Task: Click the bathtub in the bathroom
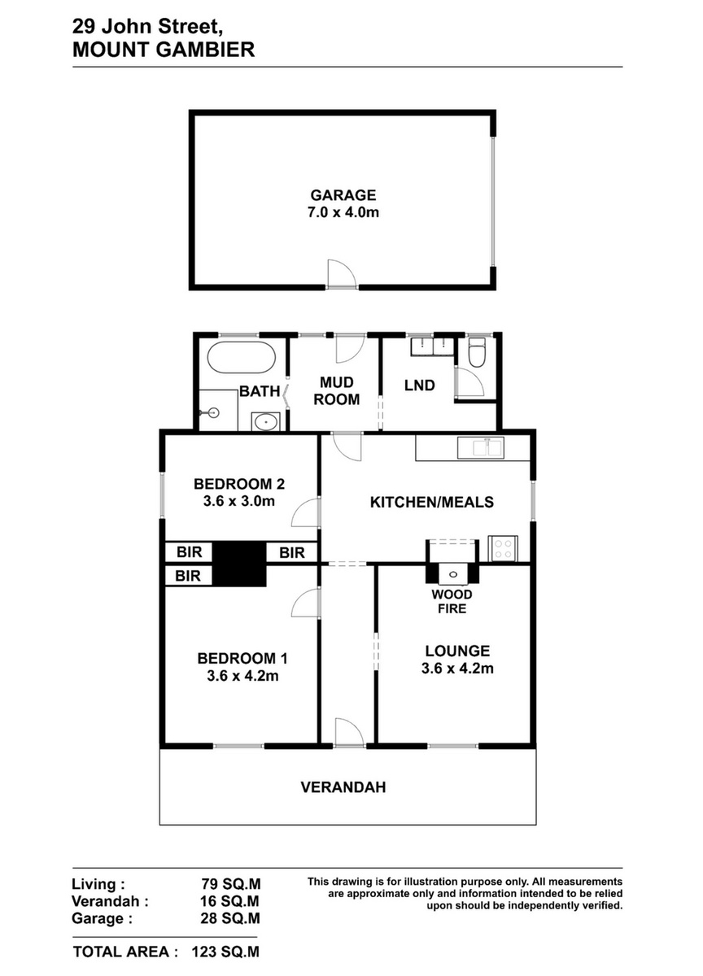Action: [x=241, y=357]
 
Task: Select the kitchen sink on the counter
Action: [x=480, y=448]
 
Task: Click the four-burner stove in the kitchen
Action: [x=503, y=548]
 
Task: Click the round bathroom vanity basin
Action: [x=265, y=422]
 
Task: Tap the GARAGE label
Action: [x=343, y=194]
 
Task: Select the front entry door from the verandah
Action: [x=349, y=733]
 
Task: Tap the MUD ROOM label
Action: [x=337, y=391]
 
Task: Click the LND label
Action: [x=419, y=386]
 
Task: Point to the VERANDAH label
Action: [x=343, y=787]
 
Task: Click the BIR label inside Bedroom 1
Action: [x=188, y=576]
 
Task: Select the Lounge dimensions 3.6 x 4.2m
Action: [x=457, y=668]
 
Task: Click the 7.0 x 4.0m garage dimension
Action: [x=343, y=212]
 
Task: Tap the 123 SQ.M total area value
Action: [x=225, y=952]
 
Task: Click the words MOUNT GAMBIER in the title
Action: [x=164, y=50]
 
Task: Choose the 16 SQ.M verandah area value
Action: [x=230, y=901]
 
